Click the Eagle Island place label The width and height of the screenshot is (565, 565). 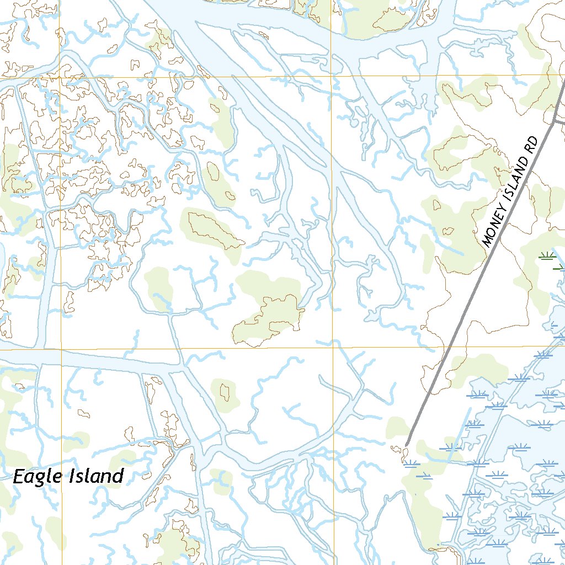coord(68,476)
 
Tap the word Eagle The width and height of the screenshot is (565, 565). coord(36,476)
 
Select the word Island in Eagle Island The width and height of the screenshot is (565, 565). coord(95,476)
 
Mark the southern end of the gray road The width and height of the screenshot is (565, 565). coord(406,445)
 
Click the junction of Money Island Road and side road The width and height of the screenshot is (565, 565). coord(553,122)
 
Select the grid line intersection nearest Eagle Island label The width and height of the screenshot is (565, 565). coord(61,349)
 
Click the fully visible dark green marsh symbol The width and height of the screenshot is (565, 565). coord(547,255)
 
